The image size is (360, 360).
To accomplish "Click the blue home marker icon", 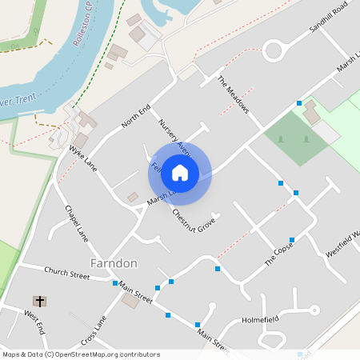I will coord(180,172).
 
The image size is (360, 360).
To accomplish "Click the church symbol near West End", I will coord(39,302).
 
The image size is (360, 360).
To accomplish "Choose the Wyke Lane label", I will coord(83,157).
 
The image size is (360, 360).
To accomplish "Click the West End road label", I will coord(34,324).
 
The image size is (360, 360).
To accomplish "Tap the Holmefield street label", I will coord(259,318).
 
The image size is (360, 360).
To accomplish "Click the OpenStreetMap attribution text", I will coord(81,354).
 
